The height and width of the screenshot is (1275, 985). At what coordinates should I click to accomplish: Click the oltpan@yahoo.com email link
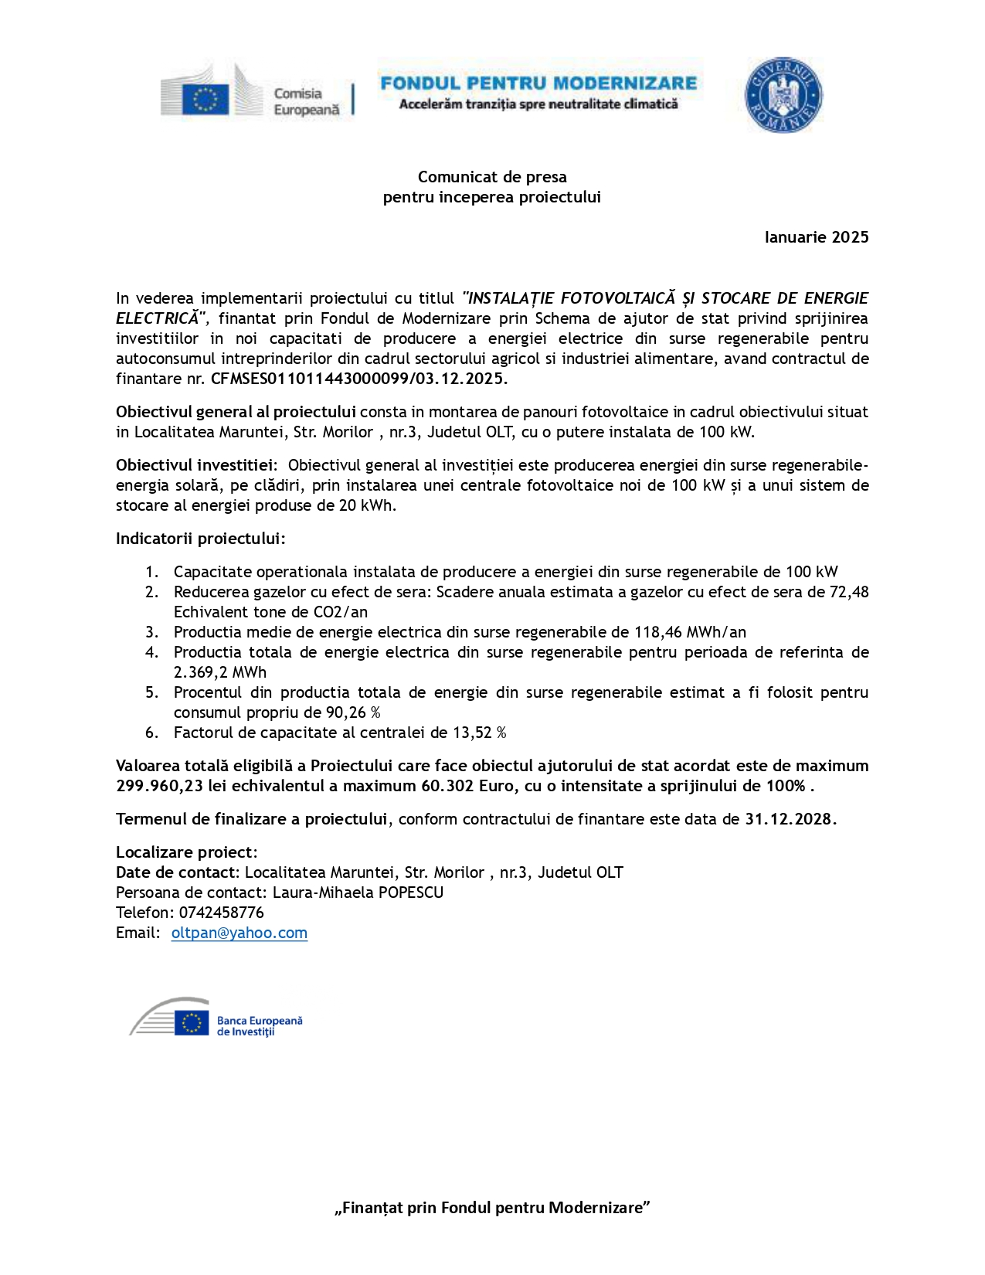[x=239, y=933]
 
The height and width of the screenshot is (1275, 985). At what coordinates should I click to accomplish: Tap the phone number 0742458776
[x=221, y=913]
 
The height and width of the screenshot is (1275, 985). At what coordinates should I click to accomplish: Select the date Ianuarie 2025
[x=816, y=237]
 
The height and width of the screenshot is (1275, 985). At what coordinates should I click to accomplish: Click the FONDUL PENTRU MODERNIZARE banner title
[x=538, y=83]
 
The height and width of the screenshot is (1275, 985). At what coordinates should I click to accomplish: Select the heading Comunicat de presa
[x=492, y=177]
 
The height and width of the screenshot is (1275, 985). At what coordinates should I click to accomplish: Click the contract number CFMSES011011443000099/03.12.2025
[x=358, y=379]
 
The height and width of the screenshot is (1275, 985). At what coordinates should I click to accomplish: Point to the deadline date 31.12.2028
[x=790, y=819]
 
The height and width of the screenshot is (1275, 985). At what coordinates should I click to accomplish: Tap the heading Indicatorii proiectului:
[x=200, y=539]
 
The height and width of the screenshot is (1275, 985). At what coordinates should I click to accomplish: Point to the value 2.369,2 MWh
[x=219, y=672]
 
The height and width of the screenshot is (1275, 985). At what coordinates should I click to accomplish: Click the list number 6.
[x=151, y=733]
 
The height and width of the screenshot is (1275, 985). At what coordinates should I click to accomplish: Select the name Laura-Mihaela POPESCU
[x=358, y=892]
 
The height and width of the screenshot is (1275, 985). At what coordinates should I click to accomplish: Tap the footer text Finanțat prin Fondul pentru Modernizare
[x=492, y=1208]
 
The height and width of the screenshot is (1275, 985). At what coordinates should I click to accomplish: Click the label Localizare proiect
[x=185, y=852]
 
